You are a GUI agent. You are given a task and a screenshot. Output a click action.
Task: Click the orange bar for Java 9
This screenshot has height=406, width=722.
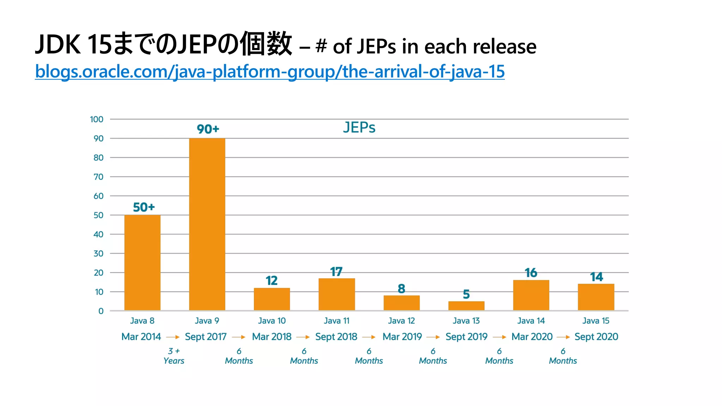(207, 224)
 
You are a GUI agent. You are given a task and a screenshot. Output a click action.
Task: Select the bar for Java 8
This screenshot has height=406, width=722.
(142, 263)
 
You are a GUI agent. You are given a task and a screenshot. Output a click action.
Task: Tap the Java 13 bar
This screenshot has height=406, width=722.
(466, 306)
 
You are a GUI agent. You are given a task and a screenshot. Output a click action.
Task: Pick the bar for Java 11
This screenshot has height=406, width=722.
(337, 294)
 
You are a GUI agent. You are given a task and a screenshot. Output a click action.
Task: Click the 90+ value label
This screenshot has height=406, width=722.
(208, 129)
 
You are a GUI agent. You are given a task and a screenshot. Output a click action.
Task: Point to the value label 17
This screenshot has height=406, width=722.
(336, 272)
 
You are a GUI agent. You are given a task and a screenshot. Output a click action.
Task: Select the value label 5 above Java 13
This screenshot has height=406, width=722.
(466, 294)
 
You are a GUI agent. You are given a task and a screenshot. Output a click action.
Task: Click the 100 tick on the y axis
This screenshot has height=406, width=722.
(97, 119)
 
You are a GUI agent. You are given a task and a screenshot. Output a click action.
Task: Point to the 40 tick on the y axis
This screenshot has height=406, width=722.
(98, 234)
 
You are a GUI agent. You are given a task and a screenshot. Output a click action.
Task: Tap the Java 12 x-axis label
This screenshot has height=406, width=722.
(401, 321)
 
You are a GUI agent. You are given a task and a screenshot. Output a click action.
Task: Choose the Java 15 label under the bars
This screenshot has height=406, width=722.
(596, 321)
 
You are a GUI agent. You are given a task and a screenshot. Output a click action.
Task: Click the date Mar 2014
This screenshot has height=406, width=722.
(141, 337)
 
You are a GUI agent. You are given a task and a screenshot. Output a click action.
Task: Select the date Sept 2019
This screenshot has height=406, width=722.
(466, 337)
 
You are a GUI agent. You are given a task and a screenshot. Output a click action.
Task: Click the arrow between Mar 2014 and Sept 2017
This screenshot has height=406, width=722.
(173, 337)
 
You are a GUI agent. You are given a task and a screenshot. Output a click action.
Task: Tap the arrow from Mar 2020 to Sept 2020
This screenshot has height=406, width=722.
(563, 337)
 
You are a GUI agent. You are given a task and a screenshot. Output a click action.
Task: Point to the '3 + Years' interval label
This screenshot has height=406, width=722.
(174, 356)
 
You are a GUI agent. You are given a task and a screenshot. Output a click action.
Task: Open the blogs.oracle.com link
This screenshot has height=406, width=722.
(270, 72)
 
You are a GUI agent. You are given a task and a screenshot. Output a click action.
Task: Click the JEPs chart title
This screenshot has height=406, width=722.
(359, 128)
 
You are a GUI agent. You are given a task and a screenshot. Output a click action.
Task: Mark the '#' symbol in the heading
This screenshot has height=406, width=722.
(321, 46)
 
